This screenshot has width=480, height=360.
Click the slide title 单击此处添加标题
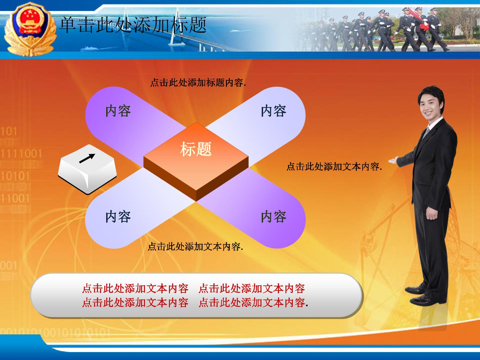click(133, 25)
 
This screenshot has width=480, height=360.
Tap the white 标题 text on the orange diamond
click(196, 149)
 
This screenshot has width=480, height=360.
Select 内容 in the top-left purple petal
click(118, 111)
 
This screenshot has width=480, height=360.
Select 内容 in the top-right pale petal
click(274, 111)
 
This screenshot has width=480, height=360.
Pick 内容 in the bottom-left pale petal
click(118, 217)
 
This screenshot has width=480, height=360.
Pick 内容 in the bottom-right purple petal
click(274, 217)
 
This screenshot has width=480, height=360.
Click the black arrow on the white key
click(87, 158)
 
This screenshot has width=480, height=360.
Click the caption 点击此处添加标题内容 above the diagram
click(198, 83)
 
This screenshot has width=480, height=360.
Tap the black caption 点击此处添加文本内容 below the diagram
click(196, 246)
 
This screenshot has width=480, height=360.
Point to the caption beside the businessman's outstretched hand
click(334, 166)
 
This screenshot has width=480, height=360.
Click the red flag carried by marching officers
click(420, 20)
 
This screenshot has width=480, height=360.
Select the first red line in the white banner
click(194, 288)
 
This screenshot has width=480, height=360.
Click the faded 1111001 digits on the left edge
click(21, 154)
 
